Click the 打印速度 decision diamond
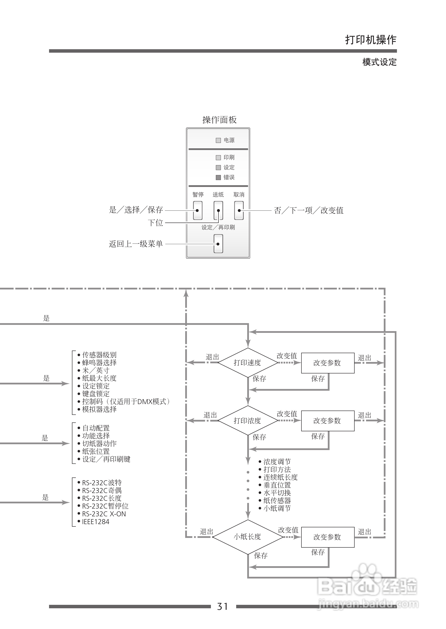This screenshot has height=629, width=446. (248, 363)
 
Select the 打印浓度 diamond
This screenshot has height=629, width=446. (248, 420)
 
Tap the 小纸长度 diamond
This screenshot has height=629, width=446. (248, 537)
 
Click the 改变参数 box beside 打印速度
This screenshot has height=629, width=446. (328, 363)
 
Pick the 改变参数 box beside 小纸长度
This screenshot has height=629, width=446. (328, 537)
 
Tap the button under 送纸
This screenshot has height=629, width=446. (218, 210)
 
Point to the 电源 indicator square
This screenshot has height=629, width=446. (218, 140)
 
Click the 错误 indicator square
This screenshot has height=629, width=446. (218, 177)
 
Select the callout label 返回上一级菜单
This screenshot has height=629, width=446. (136, 244)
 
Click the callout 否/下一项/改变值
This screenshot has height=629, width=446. (309, 210)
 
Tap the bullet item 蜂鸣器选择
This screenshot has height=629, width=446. (99, 363)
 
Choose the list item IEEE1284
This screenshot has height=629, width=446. (96, 522)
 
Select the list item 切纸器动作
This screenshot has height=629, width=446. (99, 444)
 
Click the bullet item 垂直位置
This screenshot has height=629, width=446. (277, 485)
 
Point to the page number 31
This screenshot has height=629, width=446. (222, 606)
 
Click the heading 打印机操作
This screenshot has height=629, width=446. (371, 40)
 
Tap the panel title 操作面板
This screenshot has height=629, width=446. (219, 120)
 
